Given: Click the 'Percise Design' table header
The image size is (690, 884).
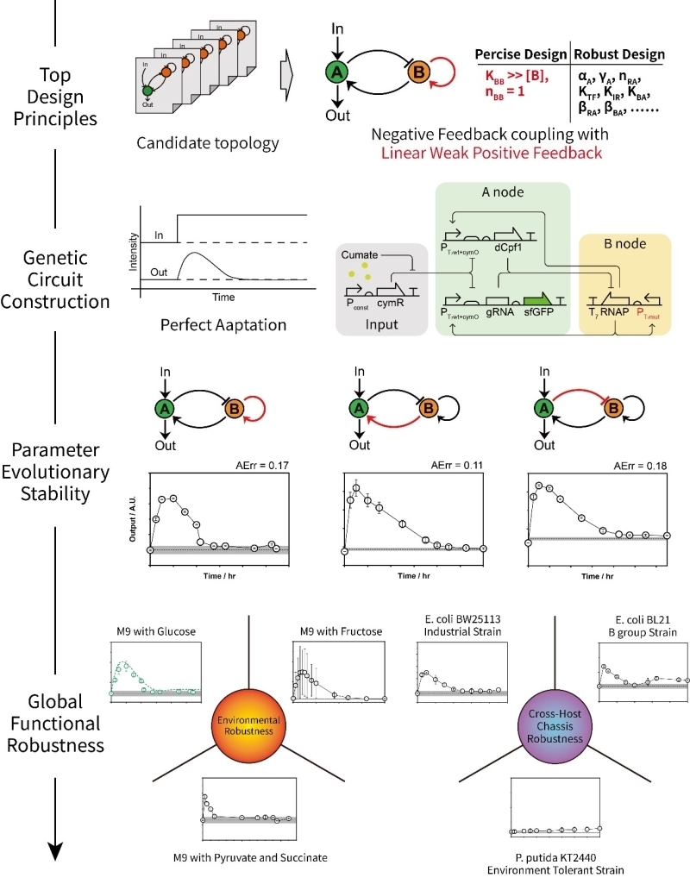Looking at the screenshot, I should click(x=518, y=53).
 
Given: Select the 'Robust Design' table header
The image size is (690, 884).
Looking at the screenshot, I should click(x=617, y=53).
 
